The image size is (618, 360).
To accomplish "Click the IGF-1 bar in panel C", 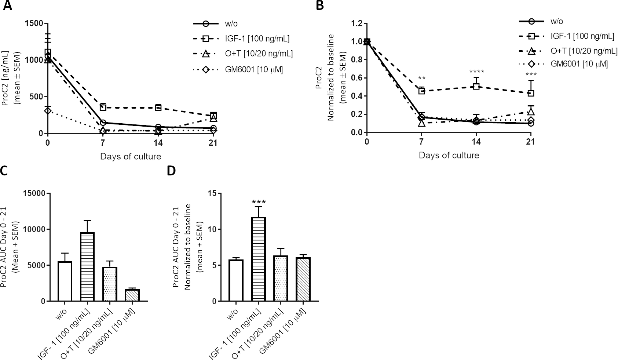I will point(87,267).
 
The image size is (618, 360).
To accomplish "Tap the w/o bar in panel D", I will point(236,280).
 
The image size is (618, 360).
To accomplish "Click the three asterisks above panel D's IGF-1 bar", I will point(259,202).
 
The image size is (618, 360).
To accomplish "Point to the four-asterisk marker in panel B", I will point(476,72).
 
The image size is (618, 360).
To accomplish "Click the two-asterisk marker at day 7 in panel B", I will point(421,78).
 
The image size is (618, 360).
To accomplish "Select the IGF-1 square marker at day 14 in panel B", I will point(476,87).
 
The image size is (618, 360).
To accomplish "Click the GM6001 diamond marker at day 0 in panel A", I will point(48,110).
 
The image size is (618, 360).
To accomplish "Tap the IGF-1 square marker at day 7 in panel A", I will point(103,108).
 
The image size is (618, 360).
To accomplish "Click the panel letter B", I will point(319,6).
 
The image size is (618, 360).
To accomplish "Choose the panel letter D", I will point(171,171).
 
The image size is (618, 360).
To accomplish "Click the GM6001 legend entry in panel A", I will point(238,69).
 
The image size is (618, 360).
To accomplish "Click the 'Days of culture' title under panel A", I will point(130,157).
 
